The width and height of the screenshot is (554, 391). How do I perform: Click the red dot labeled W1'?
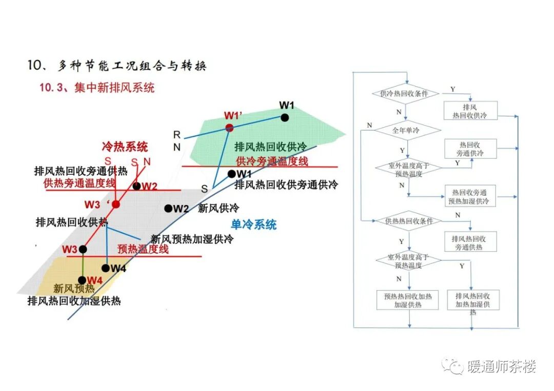click(x=229, y=128)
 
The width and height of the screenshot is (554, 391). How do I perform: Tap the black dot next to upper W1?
click(x=285, y=117)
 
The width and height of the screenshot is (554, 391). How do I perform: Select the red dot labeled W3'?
click(x=116, y=204)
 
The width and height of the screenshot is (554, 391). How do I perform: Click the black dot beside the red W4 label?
click(x=83, y=279)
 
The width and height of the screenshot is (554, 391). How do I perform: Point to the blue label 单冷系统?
click(x=253, y=224)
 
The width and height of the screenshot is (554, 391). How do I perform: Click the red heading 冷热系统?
click(x=125, y=147)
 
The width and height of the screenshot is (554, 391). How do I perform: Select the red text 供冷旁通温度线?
click(x=272, y=161)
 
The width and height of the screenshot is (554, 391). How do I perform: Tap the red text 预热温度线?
click(x=143, y=249)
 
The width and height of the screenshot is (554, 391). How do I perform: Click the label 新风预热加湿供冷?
click(x=192, y=239)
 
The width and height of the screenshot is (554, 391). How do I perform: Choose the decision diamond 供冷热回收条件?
click(x=406, y=94)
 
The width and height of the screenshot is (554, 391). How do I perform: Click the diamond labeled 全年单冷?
click(x=406, y=130)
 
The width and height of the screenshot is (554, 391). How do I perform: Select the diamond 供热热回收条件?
click(x=409, y=221)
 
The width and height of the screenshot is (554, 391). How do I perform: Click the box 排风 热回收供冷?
click(x=470, y=111)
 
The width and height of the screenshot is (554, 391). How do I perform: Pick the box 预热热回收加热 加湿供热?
click(x=408, y=300)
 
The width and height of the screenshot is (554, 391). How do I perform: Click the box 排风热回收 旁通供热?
click(x=470, y=242)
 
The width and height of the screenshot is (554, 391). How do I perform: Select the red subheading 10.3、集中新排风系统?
click(x=97, y=88)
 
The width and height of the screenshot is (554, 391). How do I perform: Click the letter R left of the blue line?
click(x=177, y=135)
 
